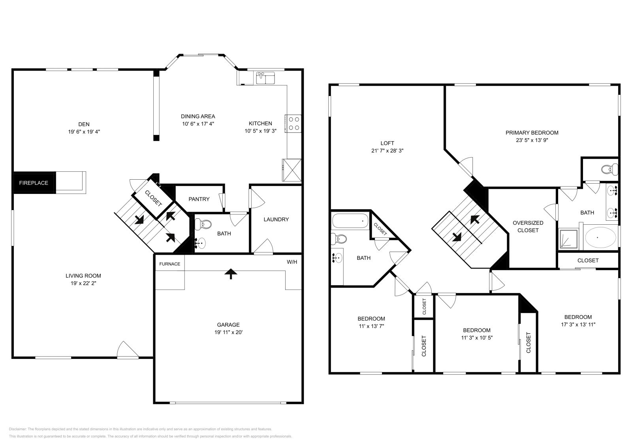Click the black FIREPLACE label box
point(34,183)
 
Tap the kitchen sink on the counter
point(265,78)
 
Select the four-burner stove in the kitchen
point(293,123)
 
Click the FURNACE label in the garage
point(169,264)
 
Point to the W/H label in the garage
point(292,262)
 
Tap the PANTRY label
point(199,199)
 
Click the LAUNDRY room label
point(276,219)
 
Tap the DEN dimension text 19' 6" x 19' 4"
point(84,132)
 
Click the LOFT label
point(387,143)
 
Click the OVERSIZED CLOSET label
point(528,226)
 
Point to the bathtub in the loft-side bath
point(350,221)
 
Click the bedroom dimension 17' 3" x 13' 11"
point(578,325)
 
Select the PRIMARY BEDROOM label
point(532,133)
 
